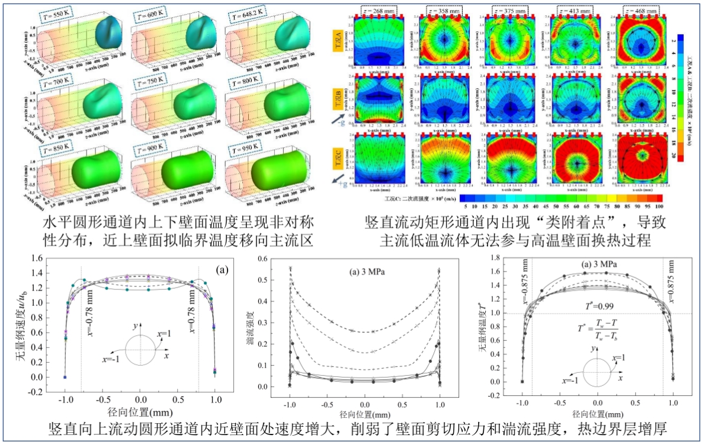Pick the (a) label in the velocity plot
pyautogui.click(x=223, y=270)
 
